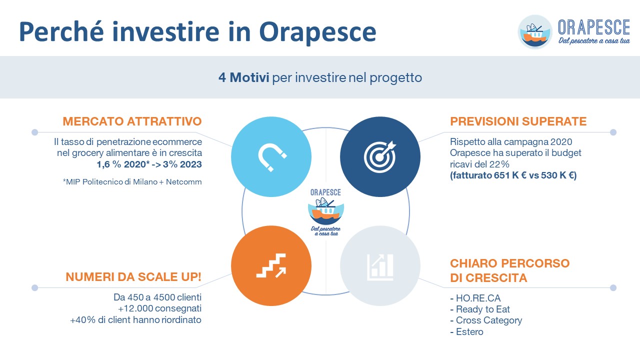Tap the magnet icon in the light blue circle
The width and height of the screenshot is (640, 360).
point(271,156)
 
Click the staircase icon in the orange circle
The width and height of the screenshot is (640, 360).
point(271,265)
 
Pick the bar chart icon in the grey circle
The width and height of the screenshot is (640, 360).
point(380,266)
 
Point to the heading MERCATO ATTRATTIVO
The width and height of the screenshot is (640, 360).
point(132,121)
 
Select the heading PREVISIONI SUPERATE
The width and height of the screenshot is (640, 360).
point(518,121)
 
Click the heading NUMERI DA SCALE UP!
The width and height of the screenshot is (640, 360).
point(133,276)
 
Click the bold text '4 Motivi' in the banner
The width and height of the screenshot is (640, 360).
point(243,78)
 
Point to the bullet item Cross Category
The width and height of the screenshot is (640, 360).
point(486,320)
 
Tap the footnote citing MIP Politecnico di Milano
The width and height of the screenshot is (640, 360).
point(132,182)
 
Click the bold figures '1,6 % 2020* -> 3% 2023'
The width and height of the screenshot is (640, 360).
point(149,164)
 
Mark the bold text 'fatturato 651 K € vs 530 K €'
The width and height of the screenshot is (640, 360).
point(513,175)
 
